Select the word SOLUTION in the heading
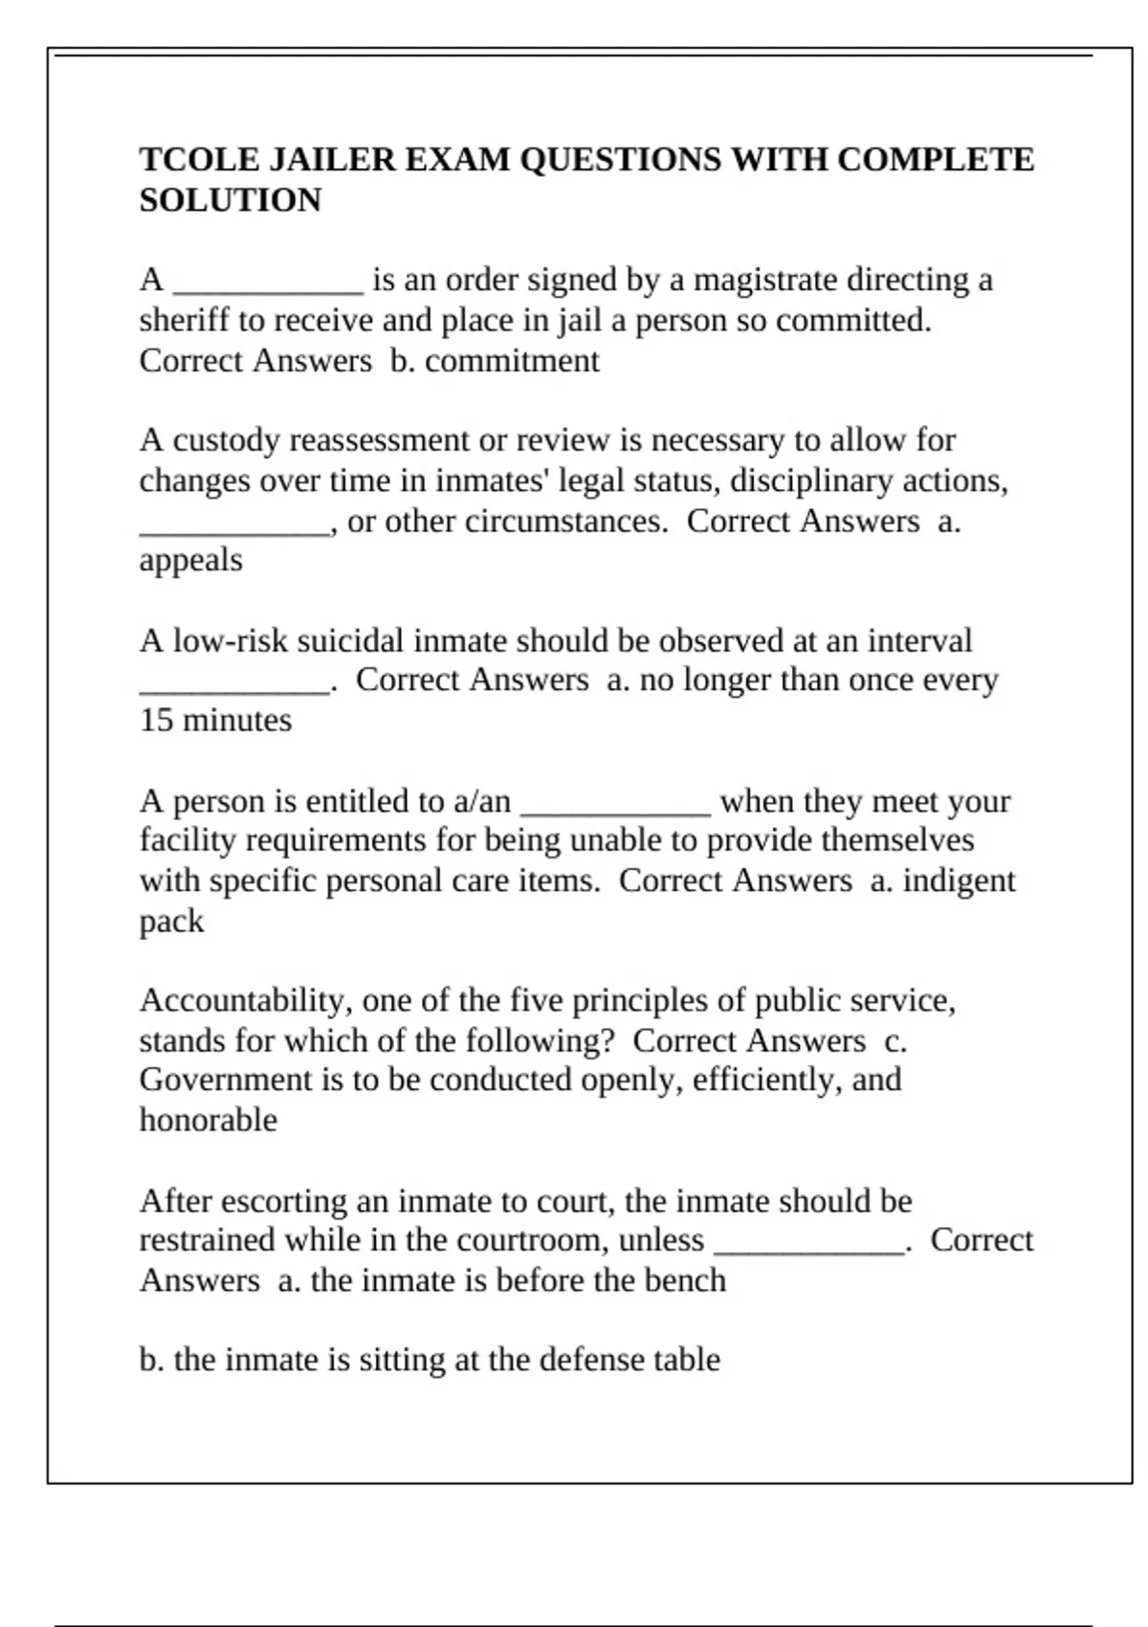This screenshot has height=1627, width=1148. click(231, 201)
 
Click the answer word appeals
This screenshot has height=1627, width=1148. click(190, 561)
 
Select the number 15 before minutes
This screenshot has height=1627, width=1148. click(155, 721)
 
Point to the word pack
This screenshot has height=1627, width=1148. click(171, 922)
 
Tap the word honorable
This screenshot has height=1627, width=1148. click(208, 1121)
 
